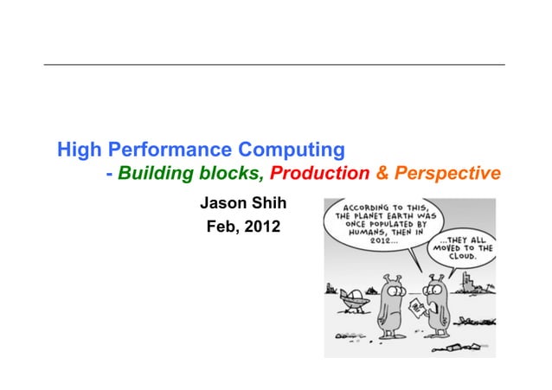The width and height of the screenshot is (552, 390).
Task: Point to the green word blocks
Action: pos(231,174)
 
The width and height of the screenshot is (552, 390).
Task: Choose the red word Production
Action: pos(319,174)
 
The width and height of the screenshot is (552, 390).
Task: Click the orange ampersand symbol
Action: pos(382,174)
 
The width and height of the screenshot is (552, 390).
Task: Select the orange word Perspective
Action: pos(446,174)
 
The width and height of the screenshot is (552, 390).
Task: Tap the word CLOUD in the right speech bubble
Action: pos(466,257)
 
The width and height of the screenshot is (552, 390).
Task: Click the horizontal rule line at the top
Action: pos(275,65)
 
